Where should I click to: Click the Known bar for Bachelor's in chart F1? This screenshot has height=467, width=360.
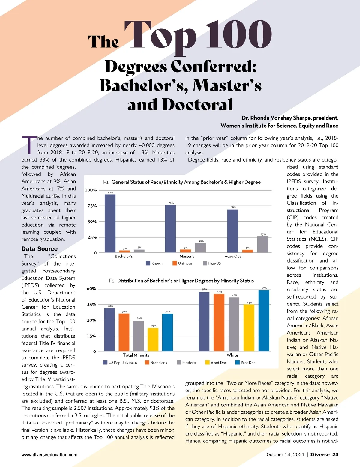110,223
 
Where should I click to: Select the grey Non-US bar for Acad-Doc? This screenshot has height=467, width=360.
262,244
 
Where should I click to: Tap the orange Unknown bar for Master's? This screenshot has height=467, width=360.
185,251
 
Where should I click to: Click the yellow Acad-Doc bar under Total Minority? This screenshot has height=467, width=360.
153,339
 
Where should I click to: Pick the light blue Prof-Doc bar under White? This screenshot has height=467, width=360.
264,320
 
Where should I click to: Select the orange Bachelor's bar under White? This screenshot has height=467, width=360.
219,323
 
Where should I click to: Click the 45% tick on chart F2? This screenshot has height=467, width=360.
91,305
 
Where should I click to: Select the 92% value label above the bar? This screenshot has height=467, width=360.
110,192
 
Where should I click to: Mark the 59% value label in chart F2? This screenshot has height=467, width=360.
264,288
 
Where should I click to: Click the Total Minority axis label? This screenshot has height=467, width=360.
136,355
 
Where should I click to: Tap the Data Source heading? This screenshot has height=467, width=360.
40,249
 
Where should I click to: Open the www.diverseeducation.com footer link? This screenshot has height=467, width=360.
49,455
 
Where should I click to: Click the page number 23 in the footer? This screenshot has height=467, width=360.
335,454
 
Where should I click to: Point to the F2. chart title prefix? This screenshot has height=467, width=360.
112,281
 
